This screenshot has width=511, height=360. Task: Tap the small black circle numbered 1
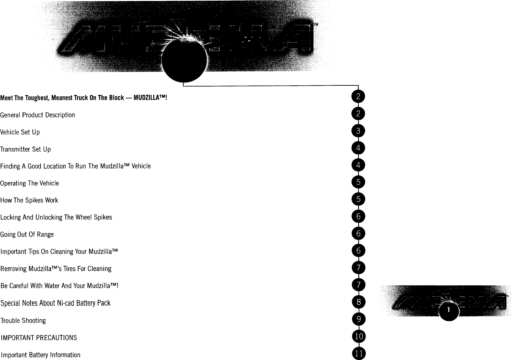click(x=449, y=310)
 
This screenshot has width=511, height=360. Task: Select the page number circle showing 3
click(x=358, y=131)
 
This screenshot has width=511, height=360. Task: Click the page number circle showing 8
click(x=358, y=302)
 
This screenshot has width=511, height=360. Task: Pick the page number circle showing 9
click(x=358, y=319)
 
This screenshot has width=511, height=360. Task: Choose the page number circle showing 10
click(x=359, y=336)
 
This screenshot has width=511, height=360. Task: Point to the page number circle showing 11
click(x=359, y=354)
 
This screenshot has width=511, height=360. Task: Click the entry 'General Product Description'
click(x=38, y=115)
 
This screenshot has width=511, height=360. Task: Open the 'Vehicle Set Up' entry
click(x=20, y=132)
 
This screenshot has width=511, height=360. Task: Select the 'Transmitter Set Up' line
click(x=25, y=149)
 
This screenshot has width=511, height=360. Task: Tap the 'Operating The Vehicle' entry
click(x=29, y=183)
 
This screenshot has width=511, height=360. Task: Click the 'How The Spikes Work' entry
click(x=29, y=200)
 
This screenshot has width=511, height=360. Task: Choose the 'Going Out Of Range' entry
click(x=27, y=235)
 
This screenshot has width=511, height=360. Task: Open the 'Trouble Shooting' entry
click(x=23, y=320)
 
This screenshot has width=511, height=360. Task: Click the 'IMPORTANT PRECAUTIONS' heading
click(x=39, y=338)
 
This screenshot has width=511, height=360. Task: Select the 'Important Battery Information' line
click(x=41, y=355)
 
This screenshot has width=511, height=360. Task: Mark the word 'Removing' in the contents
click(x=14, y=269)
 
